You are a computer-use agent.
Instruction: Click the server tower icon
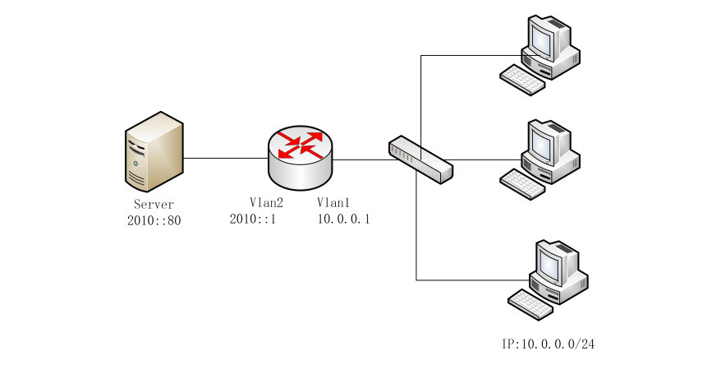pyautogui.click(x=154, y=151)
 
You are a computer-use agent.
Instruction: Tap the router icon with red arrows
pyautogui.click(x=300, y=158)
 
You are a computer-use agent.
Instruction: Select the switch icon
pyautogui.click(x=420, y=159)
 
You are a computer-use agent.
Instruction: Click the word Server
pyautogui.click(x=154, y=204)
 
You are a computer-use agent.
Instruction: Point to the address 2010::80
pyautogui.click(x=154, y=220)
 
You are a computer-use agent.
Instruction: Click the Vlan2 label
pyautogui.click(x=266, y=202)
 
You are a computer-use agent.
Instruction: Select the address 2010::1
pyautogui.click(x=253, y=219)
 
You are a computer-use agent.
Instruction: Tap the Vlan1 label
pyautogui.click(x=333, y=202)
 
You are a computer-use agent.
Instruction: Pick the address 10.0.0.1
pyautogui.click(x=343, y=219)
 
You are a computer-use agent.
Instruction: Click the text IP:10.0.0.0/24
pyautogui.click(x=548, y=344)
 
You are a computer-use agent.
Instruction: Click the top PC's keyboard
pyautogui.click(x=522, y=80)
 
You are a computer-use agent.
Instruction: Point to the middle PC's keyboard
pyautogui.click(x=522, y=184)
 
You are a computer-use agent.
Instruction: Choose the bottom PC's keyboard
pyautogui.click(x=530, y=304)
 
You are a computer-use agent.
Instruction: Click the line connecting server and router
pyautogui.click(x=226, y=159)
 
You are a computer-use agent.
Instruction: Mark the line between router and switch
pyautogui.click(x=361, y=160)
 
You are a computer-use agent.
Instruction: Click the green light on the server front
pyautogui.click(x=135, y=164)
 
